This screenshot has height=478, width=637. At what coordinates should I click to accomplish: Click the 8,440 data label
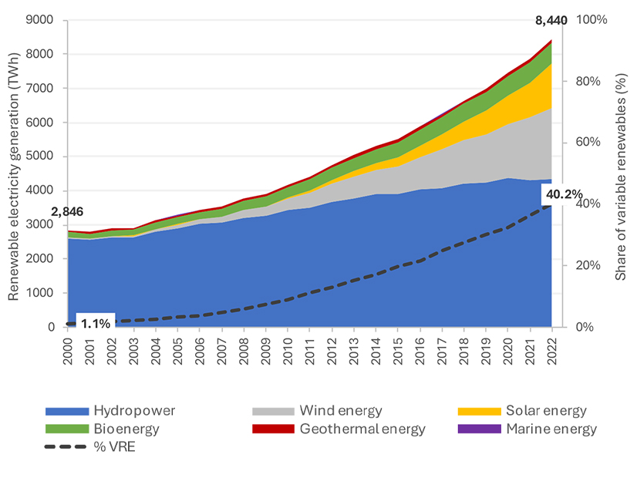tap(551, 23)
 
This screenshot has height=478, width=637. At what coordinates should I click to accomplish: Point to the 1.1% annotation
tap(96, 324)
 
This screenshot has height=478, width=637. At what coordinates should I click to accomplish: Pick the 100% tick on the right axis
tap(591, 20)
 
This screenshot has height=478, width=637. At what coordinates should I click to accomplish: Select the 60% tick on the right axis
tap(588, 143)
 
